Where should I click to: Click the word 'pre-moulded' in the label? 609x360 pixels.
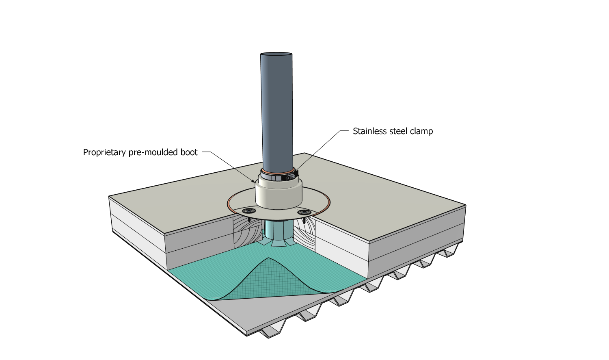153,152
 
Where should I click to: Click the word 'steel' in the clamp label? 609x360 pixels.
398,131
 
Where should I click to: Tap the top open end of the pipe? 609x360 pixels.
276,54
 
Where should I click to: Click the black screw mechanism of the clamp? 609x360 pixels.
291,177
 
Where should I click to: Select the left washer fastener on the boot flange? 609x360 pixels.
249,210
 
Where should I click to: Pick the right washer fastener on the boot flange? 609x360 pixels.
304,212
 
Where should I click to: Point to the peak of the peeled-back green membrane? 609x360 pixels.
268,259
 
